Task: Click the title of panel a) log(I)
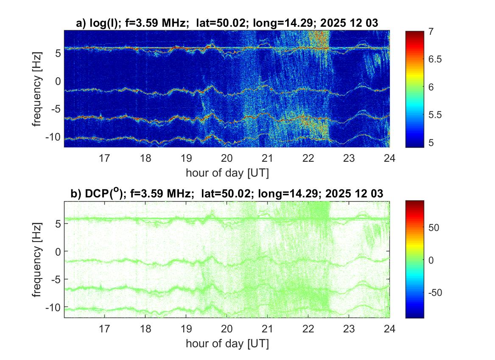[227, 24]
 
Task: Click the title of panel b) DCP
[227, 194]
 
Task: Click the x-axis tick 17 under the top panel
[104, 158]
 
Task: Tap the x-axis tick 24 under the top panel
[390, 158]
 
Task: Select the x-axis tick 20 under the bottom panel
[227, 329]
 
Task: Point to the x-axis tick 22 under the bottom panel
[308, 329]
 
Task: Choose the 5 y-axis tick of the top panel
[59, 53]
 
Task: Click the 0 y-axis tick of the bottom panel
[59, 251]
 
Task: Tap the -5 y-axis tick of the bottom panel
[56, 279]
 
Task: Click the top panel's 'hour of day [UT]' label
[227, 173]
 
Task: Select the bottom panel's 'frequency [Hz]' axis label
[38, 259]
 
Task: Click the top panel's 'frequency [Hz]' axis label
[38, 89]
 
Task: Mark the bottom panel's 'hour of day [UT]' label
[227, 343]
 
